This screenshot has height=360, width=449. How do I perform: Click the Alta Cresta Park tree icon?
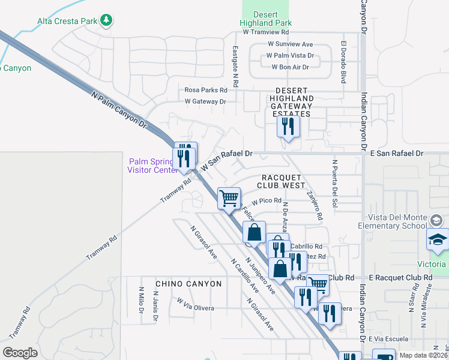click(x=106, y=20)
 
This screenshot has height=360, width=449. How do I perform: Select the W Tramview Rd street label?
click(x=266, y=32)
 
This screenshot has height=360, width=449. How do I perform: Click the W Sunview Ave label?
click(x=291, y=44)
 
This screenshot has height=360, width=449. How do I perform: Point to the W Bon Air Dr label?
click(x=291, y=67)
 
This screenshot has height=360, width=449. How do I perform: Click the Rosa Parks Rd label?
click(x=206, y=90)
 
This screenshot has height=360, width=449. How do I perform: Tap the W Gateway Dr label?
click(x=205, y=101)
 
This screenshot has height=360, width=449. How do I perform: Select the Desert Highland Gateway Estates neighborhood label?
click(x=291, y=98)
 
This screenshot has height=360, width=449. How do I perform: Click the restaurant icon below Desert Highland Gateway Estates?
click(x=288, y=127)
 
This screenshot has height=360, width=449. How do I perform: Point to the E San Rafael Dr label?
click(x=396, y=154)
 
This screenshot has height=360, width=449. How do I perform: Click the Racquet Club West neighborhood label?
click(x=283, y=182)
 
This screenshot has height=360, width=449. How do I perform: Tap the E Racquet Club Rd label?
click(x=400, y=278)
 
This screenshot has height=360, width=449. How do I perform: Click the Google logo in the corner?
click(x=20, y=353)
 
